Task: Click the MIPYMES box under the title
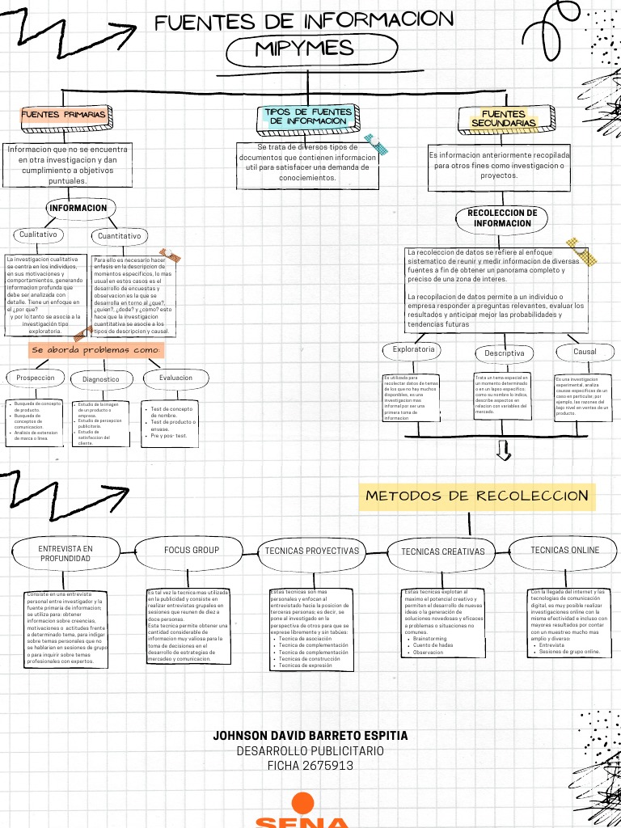305,50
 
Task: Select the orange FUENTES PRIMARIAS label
64,116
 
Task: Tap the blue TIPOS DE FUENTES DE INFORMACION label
308,116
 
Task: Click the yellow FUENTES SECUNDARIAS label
503,120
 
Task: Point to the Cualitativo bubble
39,234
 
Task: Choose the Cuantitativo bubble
119,236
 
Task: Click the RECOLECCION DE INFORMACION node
502,218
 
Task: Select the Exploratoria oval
413,350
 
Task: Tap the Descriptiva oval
505,353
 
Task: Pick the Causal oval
585,352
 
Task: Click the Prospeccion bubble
36,378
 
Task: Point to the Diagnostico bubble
101,379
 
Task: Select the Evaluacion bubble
175,378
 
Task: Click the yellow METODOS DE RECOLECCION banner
477,496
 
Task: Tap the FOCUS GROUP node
192,551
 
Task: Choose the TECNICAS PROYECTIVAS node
311,551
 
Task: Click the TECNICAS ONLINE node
565,550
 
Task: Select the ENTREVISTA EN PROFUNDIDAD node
65,553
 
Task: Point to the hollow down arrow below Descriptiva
504,450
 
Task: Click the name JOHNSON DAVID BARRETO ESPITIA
310,736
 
